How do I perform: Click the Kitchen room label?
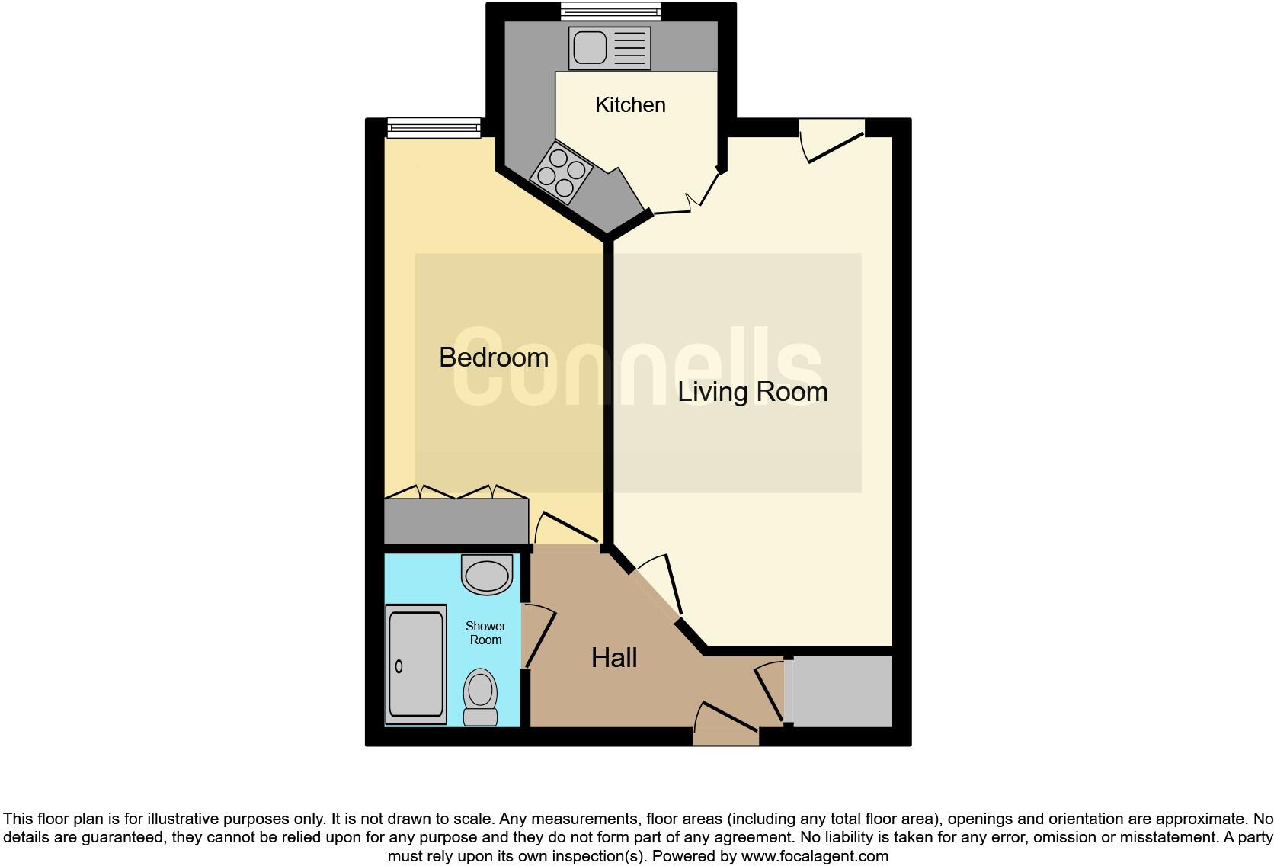[630, 104]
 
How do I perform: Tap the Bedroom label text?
[493, 357]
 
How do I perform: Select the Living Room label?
[752, 392]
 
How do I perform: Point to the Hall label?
[613, 658]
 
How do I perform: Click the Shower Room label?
[485, 633]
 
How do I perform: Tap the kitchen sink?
[609, 47]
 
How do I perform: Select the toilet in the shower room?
[480, 697]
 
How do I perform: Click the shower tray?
[415, 663]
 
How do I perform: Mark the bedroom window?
[433, 127]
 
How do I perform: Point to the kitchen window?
[610, 11]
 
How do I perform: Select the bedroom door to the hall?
[568, 529]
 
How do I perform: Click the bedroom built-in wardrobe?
[456, 521]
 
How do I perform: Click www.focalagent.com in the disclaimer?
[814, 856]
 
